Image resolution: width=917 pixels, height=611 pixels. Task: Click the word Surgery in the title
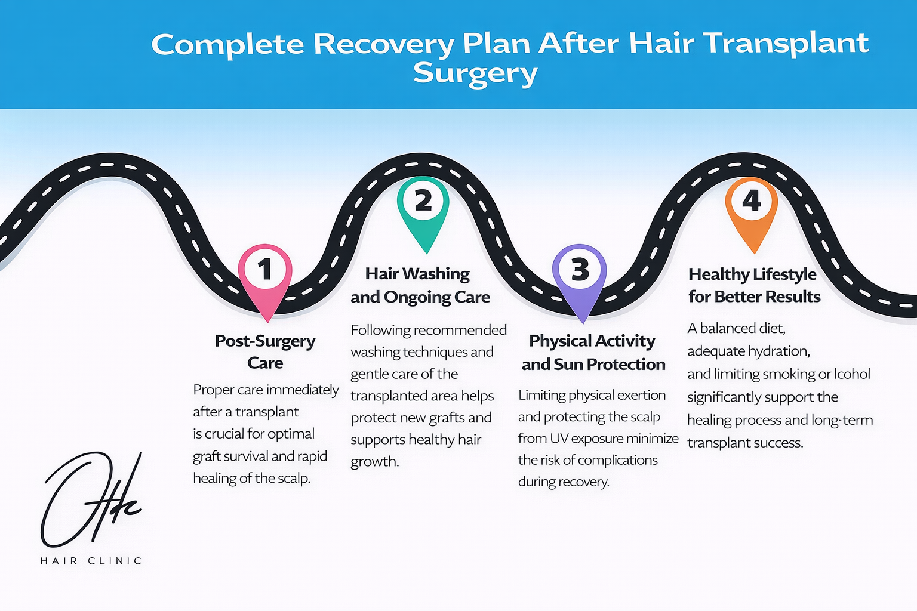(475, 75)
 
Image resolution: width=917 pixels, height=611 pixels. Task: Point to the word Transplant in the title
(785, 44)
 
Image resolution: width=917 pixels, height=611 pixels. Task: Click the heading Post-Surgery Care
(265, 351)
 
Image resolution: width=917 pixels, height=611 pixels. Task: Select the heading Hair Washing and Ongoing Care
(420, 285)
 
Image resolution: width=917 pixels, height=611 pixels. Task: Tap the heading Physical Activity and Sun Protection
(593, 352)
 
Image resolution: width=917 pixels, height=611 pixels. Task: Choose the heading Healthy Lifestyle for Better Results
(754, 285)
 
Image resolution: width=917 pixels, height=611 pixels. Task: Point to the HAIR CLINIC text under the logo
(91, 561)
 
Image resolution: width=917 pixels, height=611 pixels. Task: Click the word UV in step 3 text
(559, 439)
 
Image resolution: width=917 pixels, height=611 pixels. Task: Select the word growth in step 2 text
(374, 462)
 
